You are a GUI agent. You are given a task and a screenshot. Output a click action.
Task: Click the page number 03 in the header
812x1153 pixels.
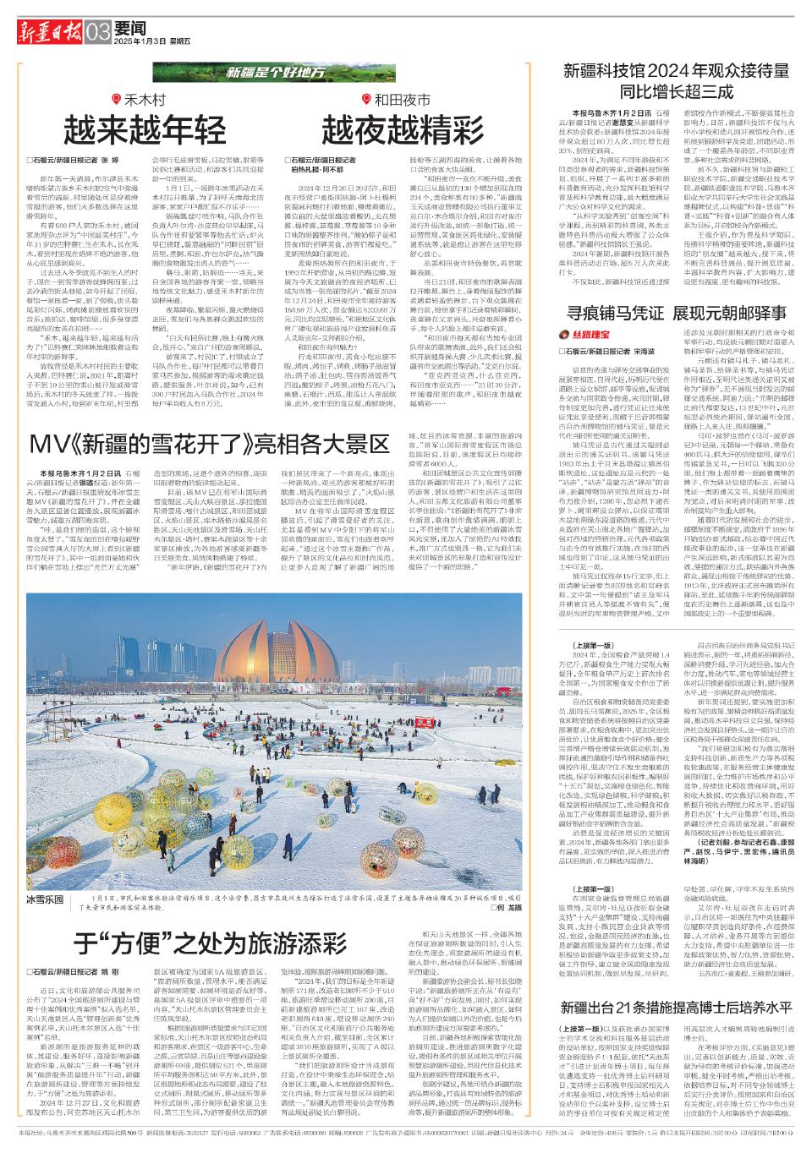coord(98,32)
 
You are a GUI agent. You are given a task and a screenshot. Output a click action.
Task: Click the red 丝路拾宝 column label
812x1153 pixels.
coord(594,336)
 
